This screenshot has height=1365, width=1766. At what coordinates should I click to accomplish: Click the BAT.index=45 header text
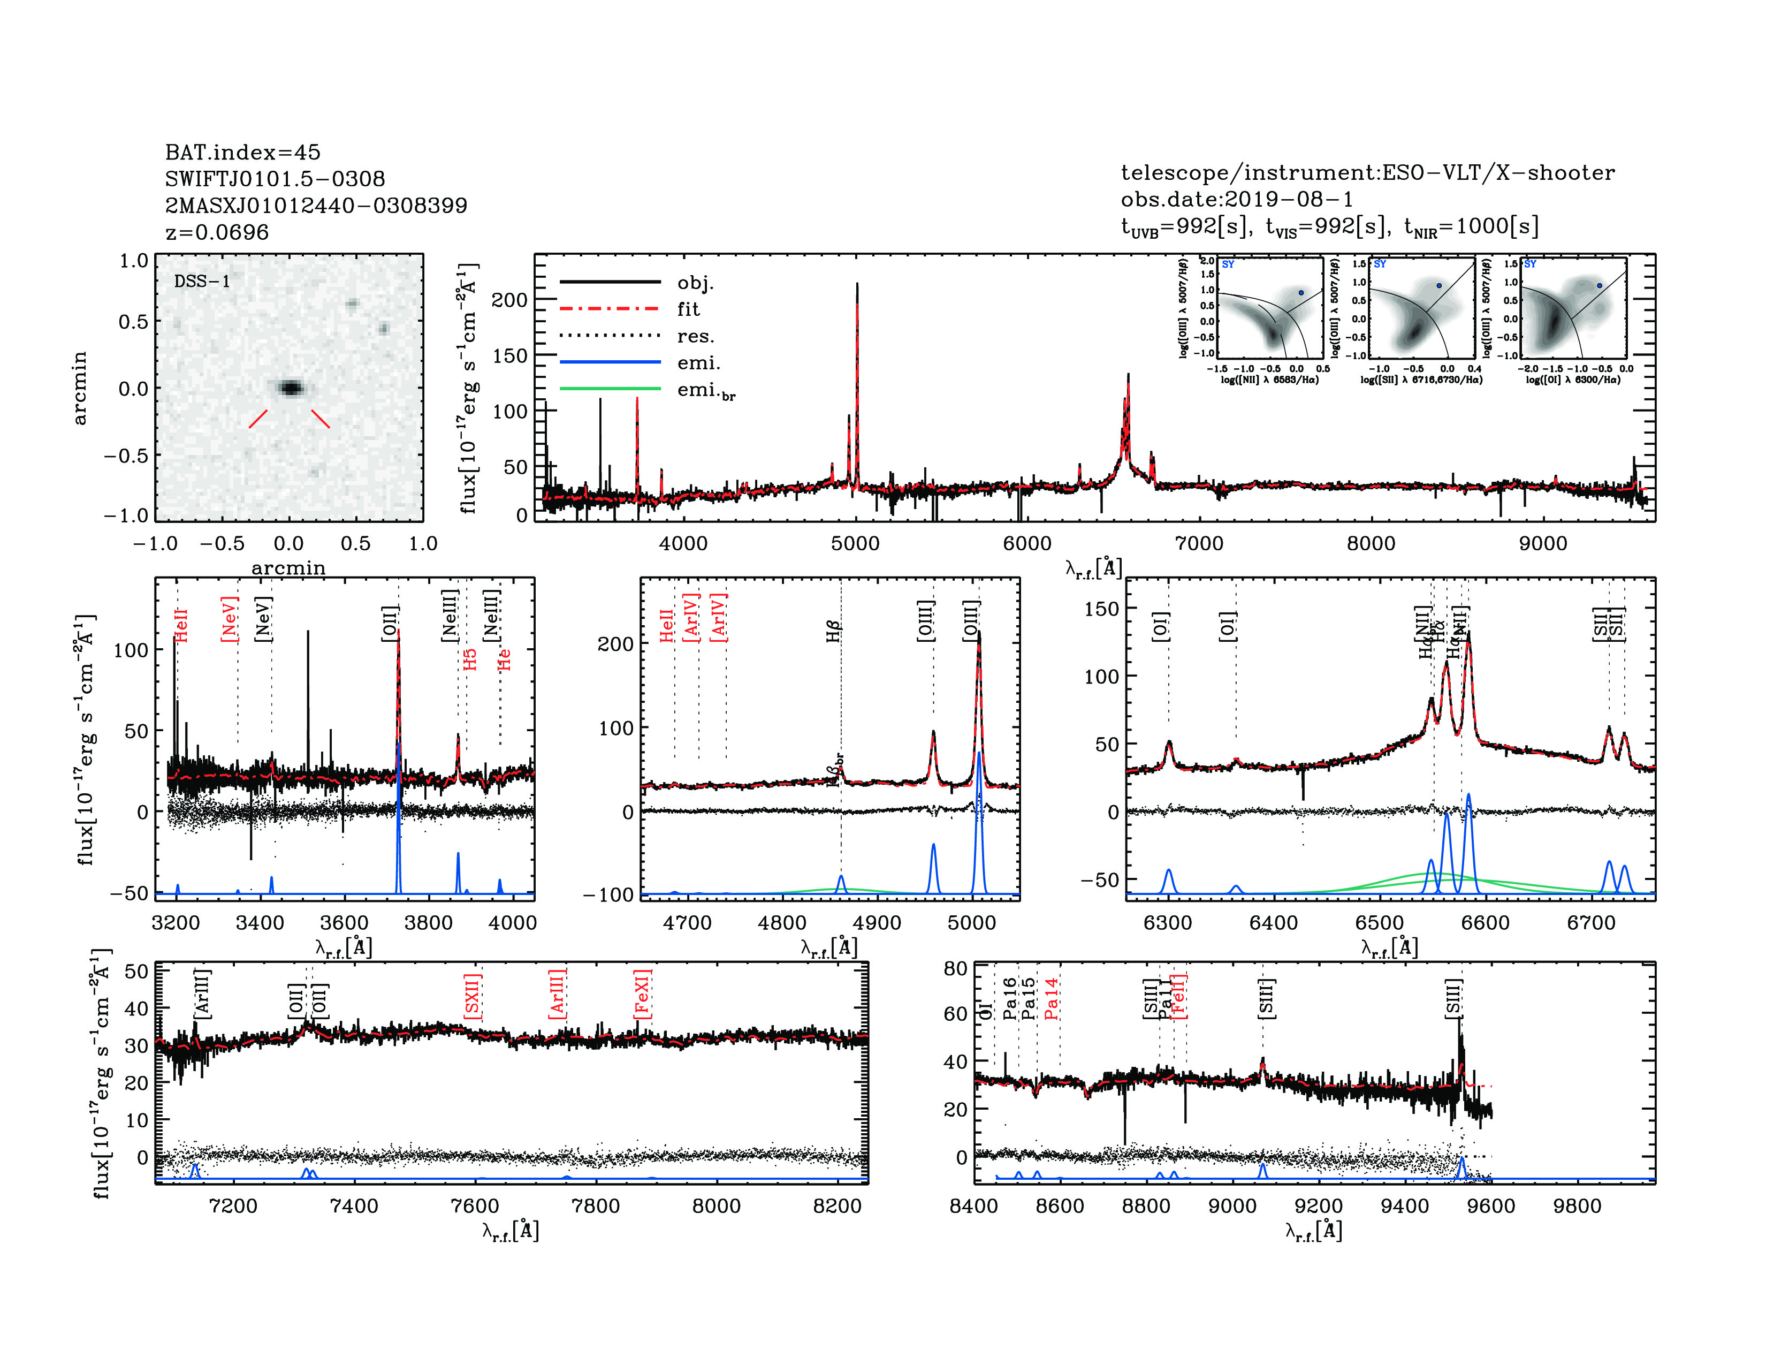pyautogui.click(x=242, y=152)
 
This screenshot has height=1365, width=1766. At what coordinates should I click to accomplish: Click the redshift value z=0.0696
pyautogui.click(x=217, y=232)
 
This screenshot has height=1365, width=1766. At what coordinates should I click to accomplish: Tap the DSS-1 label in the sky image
pyautogui.click(x=202, y=282)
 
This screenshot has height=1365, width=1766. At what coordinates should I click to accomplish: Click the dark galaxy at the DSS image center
pyautogui.click(x=290, y=388)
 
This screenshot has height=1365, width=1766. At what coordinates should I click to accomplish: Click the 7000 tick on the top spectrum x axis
pyautogui.click(x=1199, y=543)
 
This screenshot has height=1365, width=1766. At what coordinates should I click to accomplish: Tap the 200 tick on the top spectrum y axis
pyautogui.click(x=509, y=300)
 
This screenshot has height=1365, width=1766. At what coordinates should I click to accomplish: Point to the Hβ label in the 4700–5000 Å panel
pyautogui.click(x=834, y=631)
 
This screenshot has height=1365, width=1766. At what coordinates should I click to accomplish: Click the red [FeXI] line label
pyautogui.click(x=642, y=994)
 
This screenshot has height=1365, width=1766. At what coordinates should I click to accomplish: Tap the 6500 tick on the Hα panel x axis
pyautogui.click(x=1380, y=923)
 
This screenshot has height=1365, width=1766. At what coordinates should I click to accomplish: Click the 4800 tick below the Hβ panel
pyautogui.click(x=782, y=923)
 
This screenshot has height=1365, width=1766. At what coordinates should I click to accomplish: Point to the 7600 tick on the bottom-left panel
pyautogui.click(x=475, y=1205)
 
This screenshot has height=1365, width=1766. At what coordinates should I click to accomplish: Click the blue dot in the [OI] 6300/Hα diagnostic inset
pyautogui.click(x=1600, y=285)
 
